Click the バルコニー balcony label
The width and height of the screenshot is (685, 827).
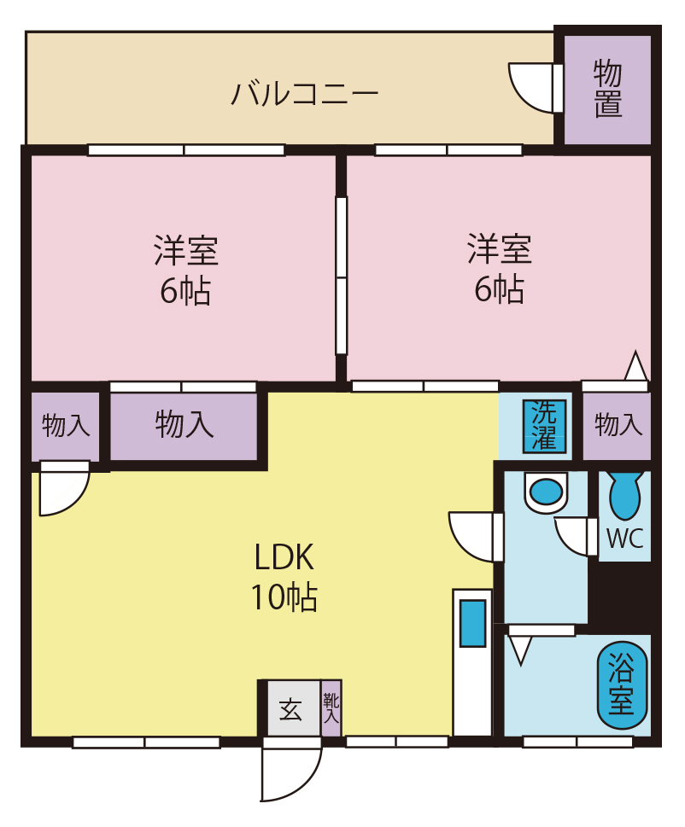[x=304, y=92]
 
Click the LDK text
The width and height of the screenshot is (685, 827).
[x=284, y=558]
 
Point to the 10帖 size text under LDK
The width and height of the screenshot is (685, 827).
[x=284, y=597]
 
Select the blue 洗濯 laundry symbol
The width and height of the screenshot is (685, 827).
[x=544, y=425]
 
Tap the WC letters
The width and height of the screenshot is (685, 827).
[x=624, y=539]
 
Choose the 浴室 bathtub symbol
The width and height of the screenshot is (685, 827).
[x=622, y=685]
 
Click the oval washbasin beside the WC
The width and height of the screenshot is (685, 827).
[x=546, y=492]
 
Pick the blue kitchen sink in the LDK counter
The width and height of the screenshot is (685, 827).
[x=472, y=623]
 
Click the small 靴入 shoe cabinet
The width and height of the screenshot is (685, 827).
[x=331, y=708]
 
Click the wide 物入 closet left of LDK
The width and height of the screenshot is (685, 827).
[x=184, y=424]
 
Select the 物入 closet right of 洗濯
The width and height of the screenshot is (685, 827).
[x=618, y=424]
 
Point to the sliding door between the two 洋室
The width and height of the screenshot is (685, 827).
[x=342, y=276]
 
